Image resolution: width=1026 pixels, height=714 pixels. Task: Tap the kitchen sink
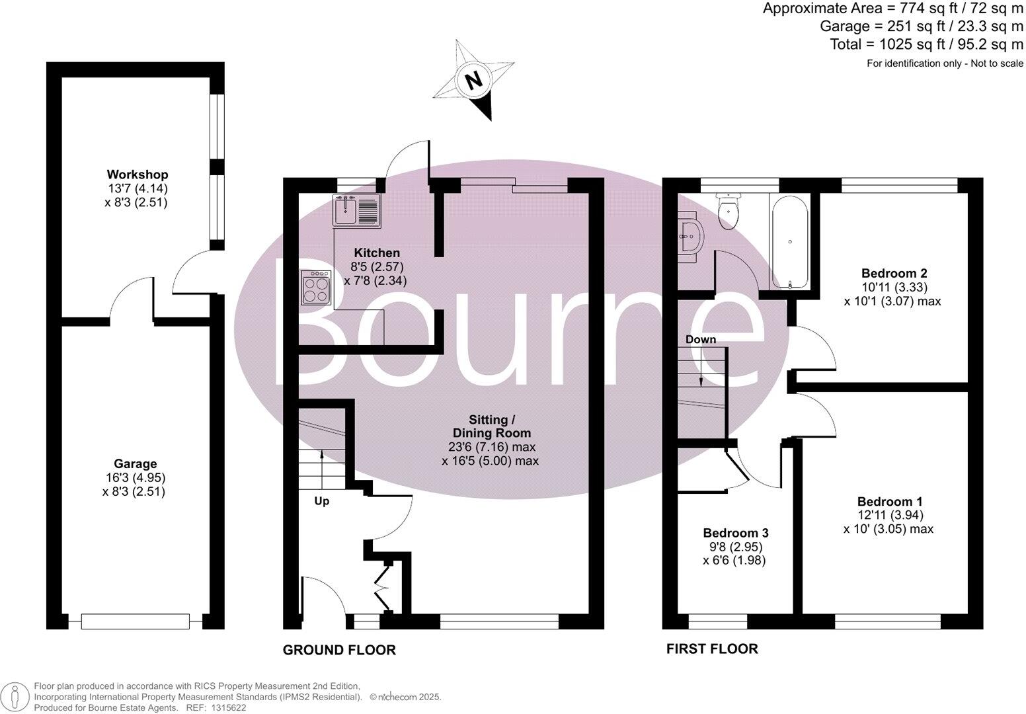pyautogui.click(x=356, y=210)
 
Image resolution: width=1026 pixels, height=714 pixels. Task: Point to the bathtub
pyautogui.click(x=789, y=243)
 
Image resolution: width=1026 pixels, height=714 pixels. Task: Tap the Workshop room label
pyautogui.click(x=138, y=175)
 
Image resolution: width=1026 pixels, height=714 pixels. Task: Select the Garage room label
pyautogui.click(x=135, y=464)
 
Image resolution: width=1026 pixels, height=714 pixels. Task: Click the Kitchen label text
pyautogui.click(x=377, y=253)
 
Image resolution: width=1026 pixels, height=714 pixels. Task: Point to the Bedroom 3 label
pyautogui.click(x=735, y=533)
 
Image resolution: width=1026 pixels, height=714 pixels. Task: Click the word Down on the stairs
pyautogui.click(x=701, y=339)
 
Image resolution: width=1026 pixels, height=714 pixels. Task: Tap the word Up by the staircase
pyautogui.click(x=321, y=501)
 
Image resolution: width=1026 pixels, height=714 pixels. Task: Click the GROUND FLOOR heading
pyautogui.click(x=339, y=651)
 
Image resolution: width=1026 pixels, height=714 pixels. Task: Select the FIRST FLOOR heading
pyautogui.click(x=711, y=649)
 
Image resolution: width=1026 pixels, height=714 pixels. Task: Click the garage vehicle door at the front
pyautogui.click(x=135, y=621)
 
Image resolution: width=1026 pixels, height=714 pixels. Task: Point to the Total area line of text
pyautogui.click(x=926, y=44)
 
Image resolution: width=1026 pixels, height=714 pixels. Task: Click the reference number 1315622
pyautogui.click(x=227, y=707)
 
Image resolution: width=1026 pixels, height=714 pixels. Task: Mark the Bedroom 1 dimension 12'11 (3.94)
pyautogui.click(x=889, y=515)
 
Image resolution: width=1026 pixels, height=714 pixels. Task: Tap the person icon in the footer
pyautogui.click(x=16, y=696)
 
